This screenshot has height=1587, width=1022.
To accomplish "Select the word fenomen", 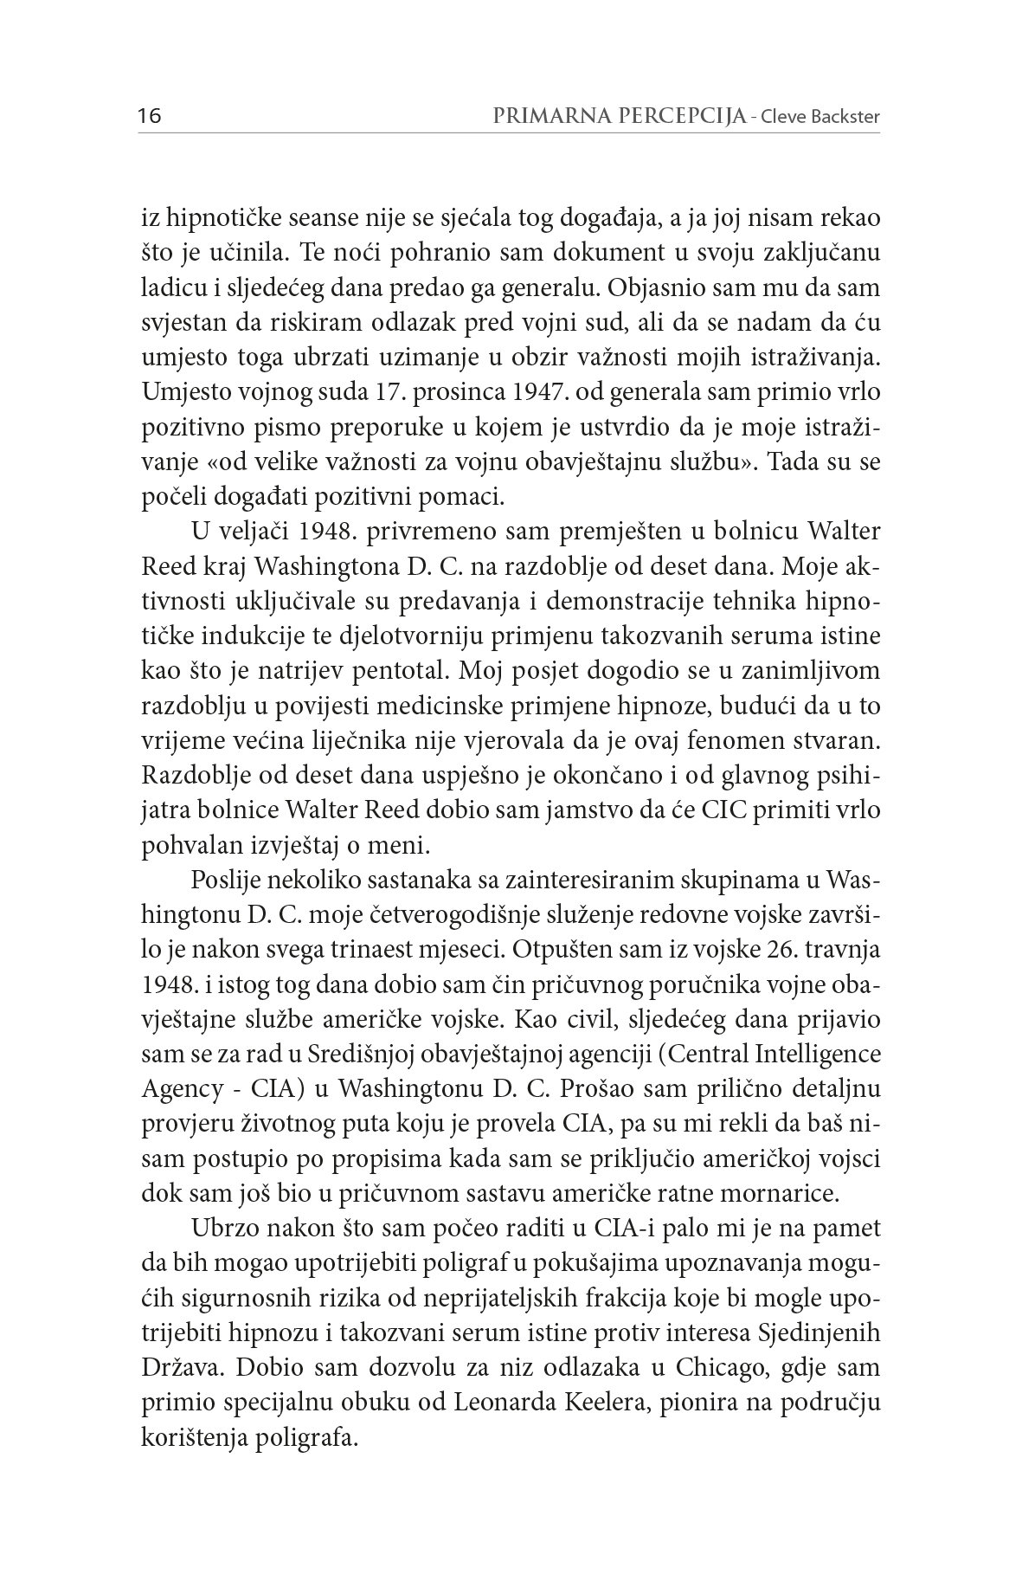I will click(x=713, y=740).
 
